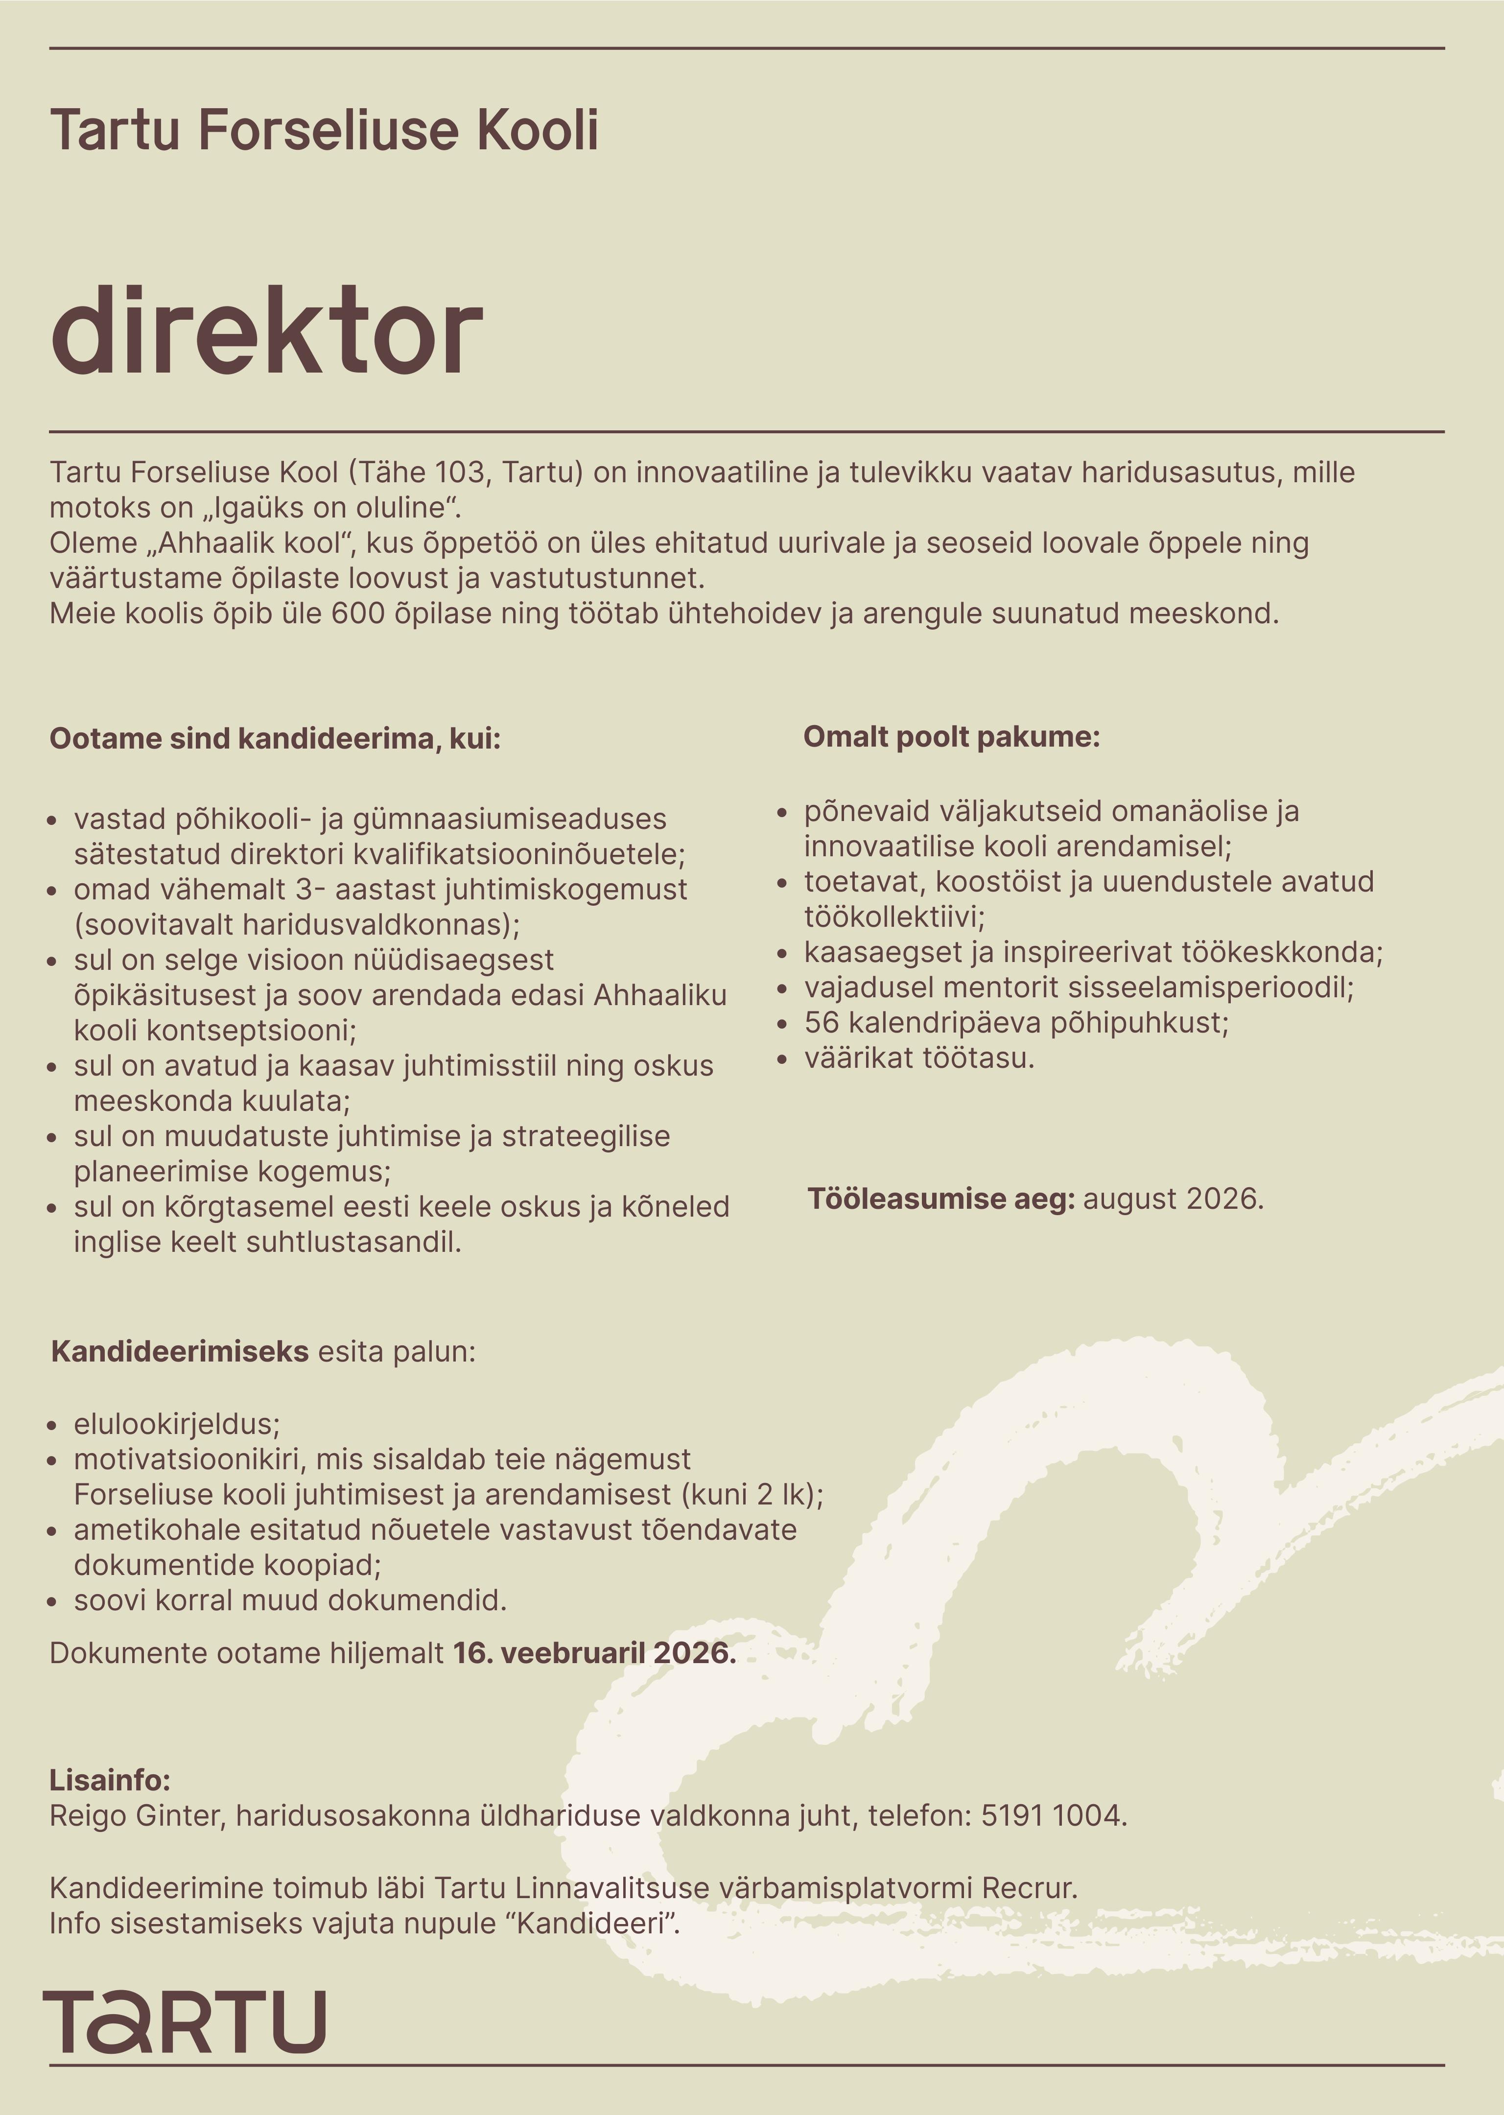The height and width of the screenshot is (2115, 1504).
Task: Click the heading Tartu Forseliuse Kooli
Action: pos(324,130)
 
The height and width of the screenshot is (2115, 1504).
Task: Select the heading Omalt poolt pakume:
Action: pos(951,737)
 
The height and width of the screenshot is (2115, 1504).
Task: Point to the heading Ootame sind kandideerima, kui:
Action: pos(275,739)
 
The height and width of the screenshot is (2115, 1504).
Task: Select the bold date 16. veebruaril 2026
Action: pos(594,1653)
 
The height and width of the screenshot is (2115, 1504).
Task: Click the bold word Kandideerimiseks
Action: pos(180,1352)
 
